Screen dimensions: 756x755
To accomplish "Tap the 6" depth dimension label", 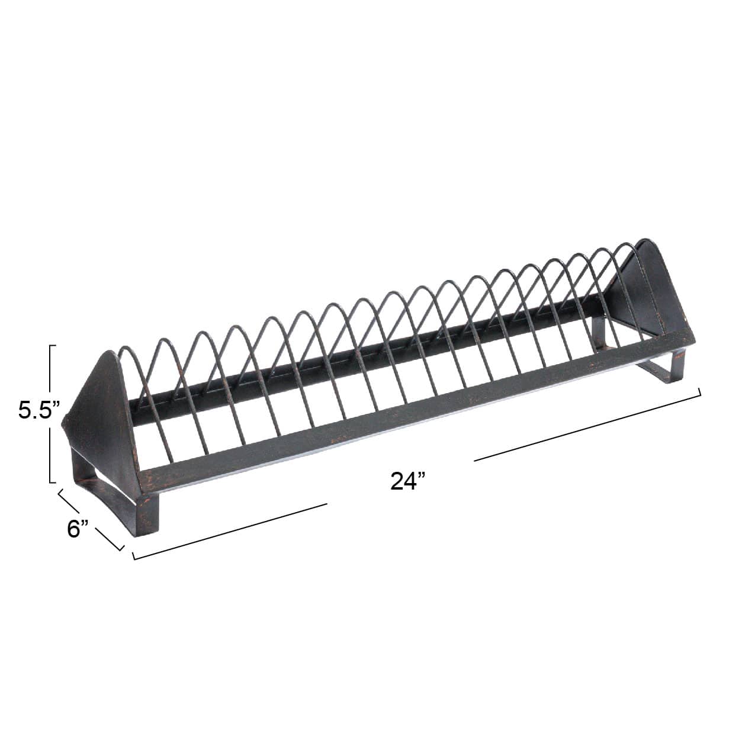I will click(78, 528).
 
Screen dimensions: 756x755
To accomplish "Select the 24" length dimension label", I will click(408, 481).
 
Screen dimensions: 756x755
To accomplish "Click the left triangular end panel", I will click(101, 414).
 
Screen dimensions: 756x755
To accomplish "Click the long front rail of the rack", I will click(415, 408).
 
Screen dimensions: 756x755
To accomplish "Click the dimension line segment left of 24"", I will click(231, 531).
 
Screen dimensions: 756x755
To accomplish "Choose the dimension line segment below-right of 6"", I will click(110, 538).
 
